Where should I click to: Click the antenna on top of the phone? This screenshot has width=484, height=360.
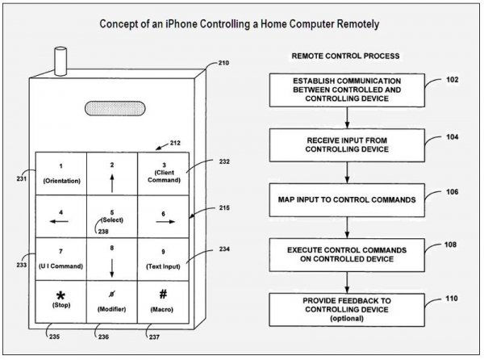coord(60,61)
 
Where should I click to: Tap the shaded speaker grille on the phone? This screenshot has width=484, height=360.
coord(115,108)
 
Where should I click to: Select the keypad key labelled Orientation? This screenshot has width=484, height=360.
coord(61,174)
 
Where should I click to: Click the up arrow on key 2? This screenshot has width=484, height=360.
coord(112,183)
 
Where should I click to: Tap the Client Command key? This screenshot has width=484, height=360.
coord(163,174)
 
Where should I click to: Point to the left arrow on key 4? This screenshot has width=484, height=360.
coord(59,221)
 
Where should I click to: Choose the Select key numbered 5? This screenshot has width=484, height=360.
coord(112,216)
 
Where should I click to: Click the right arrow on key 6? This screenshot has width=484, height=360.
coord(165,222)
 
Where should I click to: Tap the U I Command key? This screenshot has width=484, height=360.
coord(61,259)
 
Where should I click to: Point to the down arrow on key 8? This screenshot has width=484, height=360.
coord(112,268)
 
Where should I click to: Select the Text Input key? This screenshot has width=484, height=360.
coord(163,259)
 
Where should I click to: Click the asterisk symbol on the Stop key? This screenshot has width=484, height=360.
coord(60,295)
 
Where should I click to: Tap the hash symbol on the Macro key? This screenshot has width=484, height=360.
coord(163,295)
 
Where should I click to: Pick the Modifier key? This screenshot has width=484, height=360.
coord(112,302)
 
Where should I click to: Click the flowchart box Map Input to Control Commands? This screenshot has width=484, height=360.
coord(347,200)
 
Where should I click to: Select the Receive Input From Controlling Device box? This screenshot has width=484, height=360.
coord(347,145)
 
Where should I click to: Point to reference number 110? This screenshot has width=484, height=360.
coord(451,299)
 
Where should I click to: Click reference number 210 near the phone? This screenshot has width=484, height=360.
coord(223,63)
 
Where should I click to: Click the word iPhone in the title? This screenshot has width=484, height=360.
coord(181,24)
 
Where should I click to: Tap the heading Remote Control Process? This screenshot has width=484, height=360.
coord(346,56)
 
